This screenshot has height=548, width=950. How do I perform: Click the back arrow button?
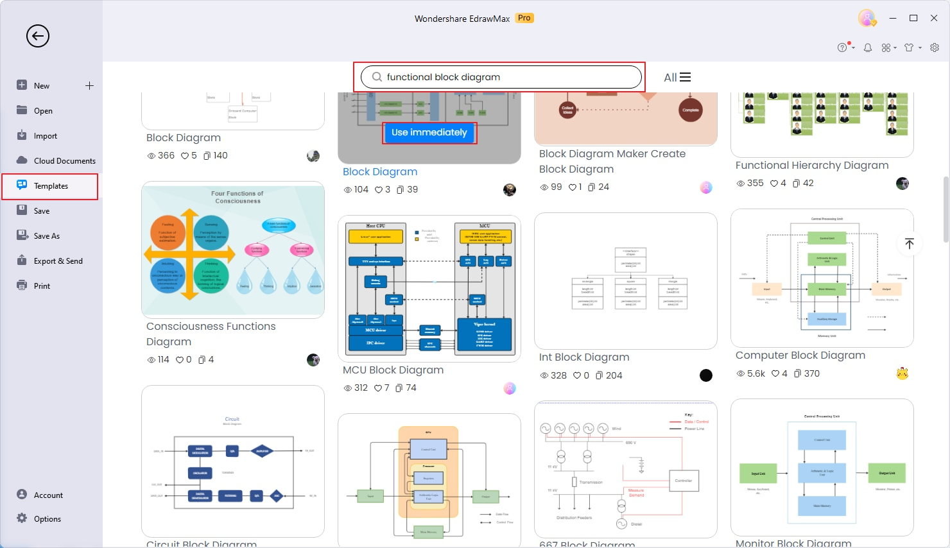coord(38,36)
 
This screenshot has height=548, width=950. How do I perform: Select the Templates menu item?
coord(51,186)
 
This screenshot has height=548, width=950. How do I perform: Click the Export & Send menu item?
coord(58,261)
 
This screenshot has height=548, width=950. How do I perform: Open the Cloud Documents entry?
coord(64,161)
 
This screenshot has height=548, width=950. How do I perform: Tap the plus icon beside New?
coord(89,85)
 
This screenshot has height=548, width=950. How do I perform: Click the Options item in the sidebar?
coord(47,519)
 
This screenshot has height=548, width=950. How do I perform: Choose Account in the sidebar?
coord(48,495)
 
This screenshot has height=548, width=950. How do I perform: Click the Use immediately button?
coord(429,133)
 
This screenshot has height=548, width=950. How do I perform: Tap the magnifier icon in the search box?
coord(377,77)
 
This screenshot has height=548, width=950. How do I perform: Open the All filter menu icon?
coord(685,77)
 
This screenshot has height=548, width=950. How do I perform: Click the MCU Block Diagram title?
coord(393,370)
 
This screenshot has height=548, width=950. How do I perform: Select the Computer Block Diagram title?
coord(800,355)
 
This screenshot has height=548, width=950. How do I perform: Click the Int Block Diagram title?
coord(583,357)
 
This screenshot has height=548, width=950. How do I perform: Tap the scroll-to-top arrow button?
coord(909,244)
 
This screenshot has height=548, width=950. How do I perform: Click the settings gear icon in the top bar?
coord(935,47)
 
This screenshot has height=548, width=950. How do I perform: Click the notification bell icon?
coord(868,47)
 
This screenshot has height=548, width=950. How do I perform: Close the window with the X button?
coord(934,18)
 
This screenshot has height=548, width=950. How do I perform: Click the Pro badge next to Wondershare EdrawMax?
coord(524,18)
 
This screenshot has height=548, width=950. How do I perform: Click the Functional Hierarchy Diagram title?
coord(811,166)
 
